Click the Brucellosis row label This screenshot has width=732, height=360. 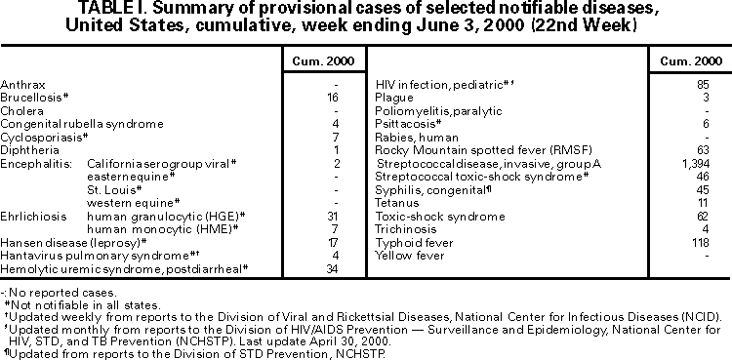click(32, 99)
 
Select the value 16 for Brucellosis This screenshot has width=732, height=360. click(333, 99)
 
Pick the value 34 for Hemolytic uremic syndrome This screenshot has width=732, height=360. click(332, 268)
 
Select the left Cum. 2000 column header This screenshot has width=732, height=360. click(318, 61)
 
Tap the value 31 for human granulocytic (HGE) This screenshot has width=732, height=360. click(332, 215)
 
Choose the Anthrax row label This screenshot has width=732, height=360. click(21, 86)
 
